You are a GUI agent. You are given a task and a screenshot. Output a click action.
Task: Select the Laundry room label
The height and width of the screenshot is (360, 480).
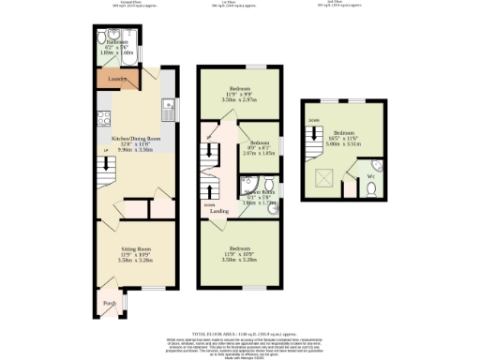point(116,80)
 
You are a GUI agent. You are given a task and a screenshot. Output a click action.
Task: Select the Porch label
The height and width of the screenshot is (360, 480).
point(108,302)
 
